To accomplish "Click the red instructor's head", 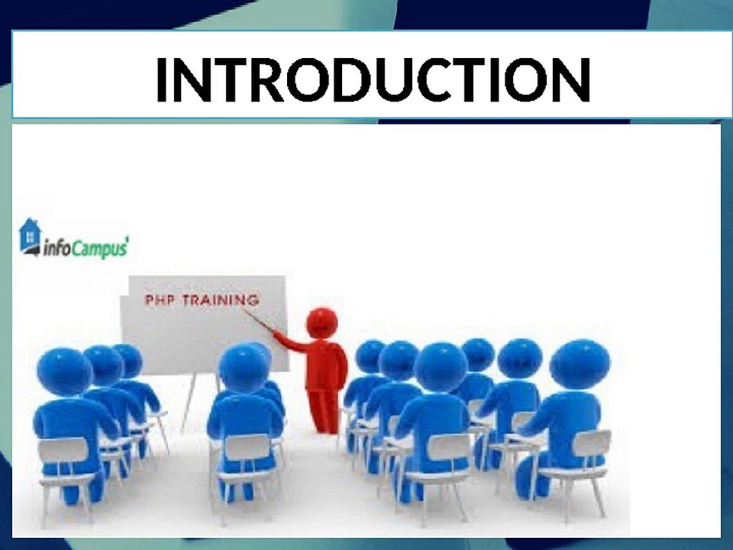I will [x=321, y=322].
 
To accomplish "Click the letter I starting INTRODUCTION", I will [x=162, y=79].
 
